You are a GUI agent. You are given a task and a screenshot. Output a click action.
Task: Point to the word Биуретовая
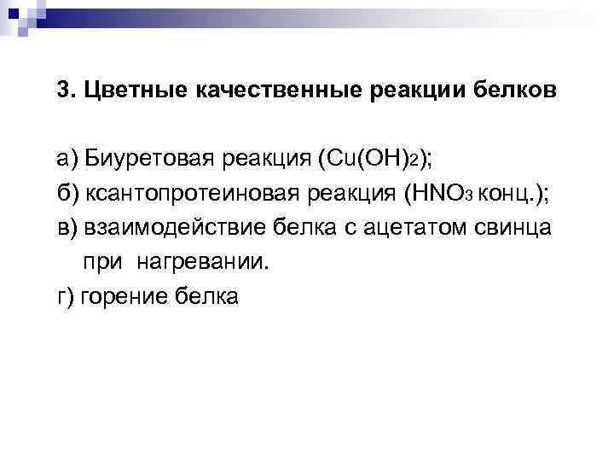click(x=155, y=159)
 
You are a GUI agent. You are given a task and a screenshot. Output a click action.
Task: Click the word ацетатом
click(x=406, y=228)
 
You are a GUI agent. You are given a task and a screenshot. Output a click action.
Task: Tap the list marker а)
click(x=67, y=159)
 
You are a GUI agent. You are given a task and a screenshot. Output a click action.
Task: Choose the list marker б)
click(x=68, y=194)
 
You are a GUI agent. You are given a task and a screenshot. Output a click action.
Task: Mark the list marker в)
click(x=68, y=228)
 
